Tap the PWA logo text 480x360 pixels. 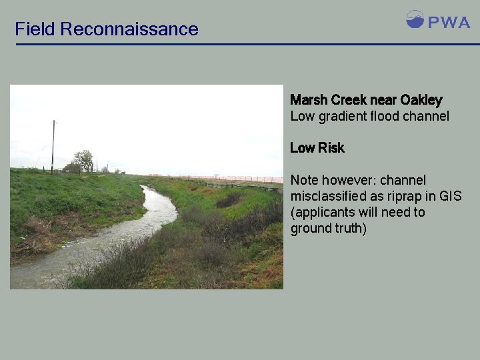449,23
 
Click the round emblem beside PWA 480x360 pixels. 415,19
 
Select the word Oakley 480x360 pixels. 421,100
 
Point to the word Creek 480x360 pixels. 348,100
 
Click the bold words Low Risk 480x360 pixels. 317,148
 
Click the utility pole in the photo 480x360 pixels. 53,147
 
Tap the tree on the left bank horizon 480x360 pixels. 84,161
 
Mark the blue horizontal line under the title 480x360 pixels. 247,45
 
